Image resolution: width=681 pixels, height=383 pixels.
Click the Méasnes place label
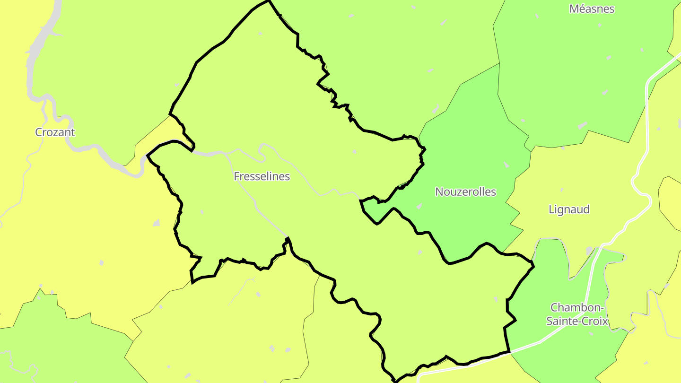pyautogui.click(x=592, y=9)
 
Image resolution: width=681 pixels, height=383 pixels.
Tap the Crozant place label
pyautogui.click(x=55, y=132)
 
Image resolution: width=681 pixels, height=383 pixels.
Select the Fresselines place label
pyautogui.click(x=262, y=176)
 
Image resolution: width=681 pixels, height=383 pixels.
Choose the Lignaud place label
pyautogui.click(x=569, y=209)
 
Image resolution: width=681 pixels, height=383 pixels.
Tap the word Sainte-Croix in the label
pyautogui.click(x=577, y=322)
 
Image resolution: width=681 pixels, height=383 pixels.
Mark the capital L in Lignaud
pyautogui.click(x=551, y=209)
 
